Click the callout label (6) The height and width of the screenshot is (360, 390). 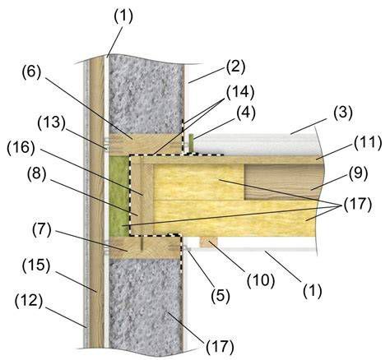[31, 72]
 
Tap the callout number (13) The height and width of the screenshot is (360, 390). [52, 123]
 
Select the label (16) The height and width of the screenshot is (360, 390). [21, 149]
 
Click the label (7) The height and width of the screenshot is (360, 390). [42, 230]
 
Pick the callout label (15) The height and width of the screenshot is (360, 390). [36, 265]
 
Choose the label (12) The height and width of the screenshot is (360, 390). [29, 301]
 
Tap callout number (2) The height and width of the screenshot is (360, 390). [235, 67]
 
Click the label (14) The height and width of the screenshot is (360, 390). [240, 92]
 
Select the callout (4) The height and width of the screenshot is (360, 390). [246, 113]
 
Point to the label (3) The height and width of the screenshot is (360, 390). [343, 113]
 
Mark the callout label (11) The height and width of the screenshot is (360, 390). [368, 143]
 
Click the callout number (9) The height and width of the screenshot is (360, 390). [358, 173]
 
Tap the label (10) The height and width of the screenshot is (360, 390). [261, 281]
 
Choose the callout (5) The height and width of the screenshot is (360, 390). [221, 296]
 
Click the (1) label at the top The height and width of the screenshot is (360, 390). [123, 16]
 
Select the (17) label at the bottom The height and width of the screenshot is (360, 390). [220, 347]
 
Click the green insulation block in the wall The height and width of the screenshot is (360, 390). [118, 196]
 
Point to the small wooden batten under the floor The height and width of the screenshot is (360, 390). [208, 242]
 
